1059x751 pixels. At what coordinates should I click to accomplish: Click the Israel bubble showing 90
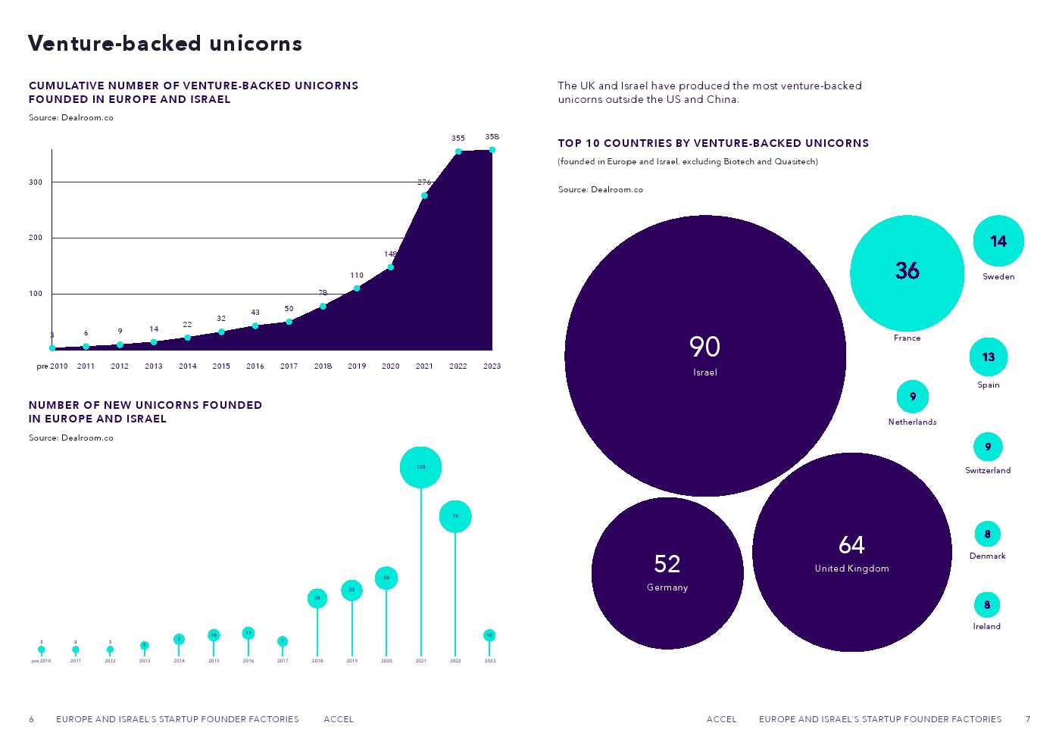(x=704, y=356)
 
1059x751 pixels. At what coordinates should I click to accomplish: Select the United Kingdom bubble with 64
(x=851, y=553)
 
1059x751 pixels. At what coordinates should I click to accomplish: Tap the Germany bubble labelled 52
(x=667, y=573)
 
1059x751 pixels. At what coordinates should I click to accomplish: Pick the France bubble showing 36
(x=907, y=273)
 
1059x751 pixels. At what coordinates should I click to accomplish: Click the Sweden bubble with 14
(x=998, y=242)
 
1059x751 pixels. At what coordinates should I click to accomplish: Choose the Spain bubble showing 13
(x=989, y=357)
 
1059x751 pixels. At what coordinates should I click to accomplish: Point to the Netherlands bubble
(x=912, y=397)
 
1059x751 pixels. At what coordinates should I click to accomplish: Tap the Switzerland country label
(x=987, y=471)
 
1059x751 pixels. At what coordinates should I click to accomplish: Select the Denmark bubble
(x=987, y=534)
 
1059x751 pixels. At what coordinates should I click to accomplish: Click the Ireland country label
(x=986, y=627)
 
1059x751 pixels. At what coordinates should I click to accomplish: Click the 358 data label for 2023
(x=492, y=137)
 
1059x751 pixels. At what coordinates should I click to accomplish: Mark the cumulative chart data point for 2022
(x=458, y=151)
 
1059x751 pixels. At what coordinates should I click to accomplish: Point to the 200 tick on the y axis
(x=36, y=238)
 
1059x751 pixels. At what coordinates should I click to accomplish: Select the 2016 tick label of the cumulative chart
(x=255, y=366)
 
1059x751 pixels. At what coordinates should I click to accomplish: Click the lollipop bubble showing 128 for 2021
(x=420, y=467)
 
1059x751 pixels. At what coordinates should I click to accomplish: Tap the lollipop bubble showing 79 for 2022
(x=455, y=516)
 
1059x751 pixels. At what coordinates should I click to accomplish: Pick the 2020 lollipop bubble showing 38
(x=386, y=578)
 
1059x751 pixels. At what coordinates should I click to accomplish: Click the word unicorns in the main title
(x=256, y=44)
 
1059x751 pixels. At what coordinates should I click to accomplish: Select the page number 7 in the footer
(x=1028, y=719)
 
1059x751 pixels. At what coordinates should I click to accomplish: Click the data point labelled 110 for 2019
(x=357, y=288)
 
